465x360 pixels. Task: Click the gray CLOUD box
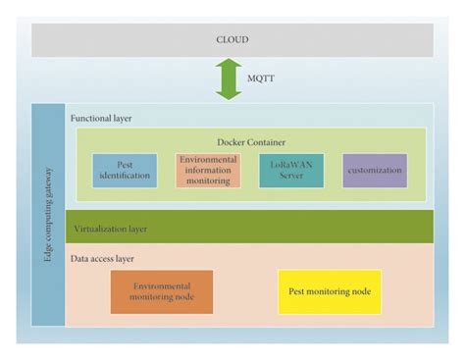232,40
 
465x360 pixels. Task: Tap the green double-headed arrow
230,79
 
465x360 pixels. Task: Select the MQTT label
261,79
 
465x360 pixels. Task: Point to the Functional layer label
101,117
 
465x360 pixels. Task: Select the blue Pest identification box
125,171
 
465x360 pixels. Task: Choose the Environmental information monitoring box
208,171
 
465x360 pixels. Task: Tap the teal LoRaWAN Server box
291,171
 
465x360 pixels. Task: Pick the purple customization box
375,171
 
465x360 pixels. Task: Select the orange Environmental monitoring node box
161,291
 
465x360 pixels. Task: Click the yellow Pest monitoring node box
330,291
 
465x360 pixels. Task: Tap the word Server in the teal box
291,177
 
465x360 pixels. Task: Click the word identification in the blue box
125,177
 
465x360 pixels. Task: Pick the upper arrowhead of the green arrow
230,65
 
